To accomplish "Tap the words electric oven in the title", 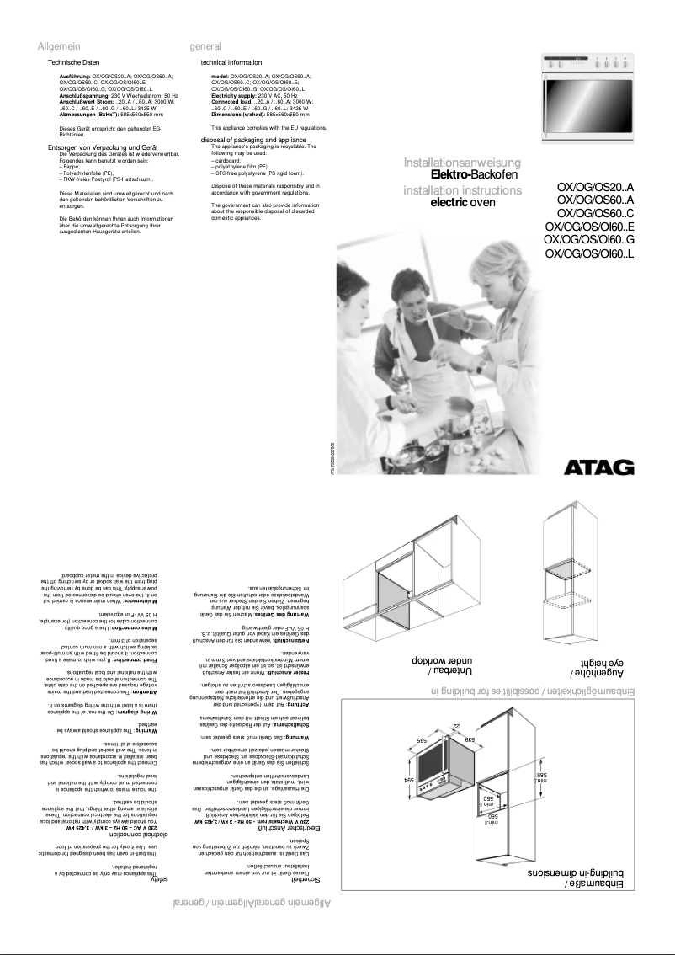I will [x=463, y=202].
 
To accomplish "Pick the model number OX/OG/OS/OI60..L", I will [x=589, y=253].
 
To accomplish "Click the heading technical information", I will [x=231, y=63].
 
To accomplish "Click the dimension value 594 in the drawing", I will [x=409, y=781].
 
